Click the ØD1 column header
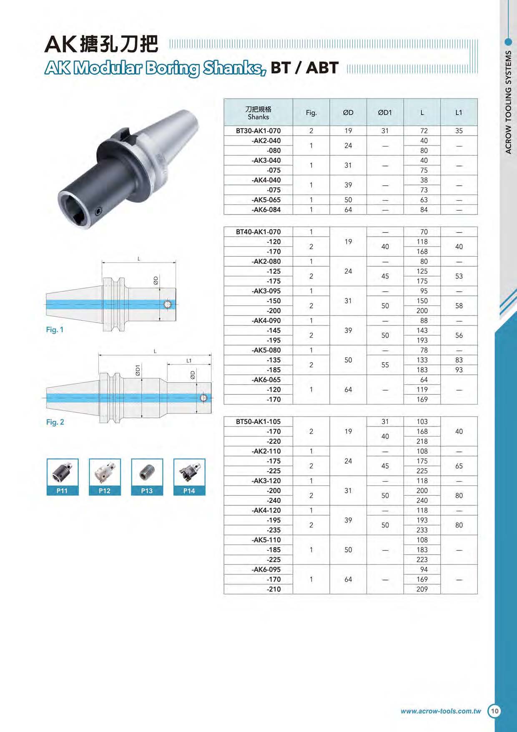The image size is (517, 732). (x=385, y=112)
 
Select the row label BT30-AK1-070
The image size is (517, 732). (x=258, y=131)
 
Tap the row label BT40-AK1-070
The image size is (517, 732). (x=258, y=232)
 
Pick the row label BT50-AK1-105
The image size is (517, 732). (x=258, y=422)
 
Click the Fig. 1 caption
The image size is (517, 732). (x=55, y=330)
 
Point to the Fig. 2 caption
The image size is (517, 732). (x=55, y=422)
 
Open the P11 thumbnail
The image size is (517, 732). (x=63, y=477)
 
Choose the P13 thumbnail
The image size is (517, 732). (x=147, y=477)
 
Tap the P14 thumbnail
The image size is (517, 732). (x=189, y=477)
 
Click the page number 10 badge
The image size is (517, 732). (x=494, y=711)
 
